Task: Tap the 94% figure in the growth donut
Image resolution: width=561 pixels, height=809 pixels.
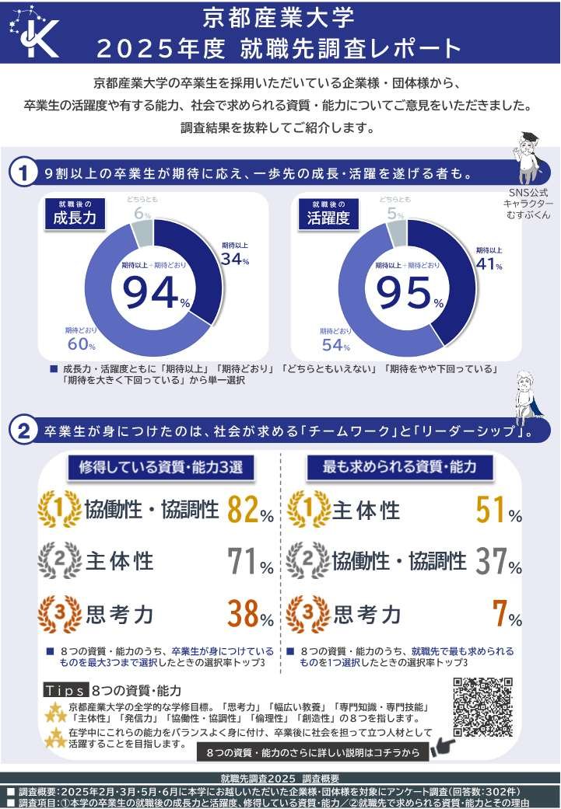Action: [x=156, y=291]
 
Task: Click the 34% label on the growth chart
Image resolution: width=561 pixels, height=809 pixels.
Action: [x=234, y=260]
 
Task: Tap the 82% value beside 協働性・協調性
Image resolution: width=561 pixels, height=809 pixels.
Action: [x=250, y=511]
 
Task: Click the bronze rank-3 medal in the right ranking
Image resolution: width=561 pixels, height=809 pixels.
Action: [x=308, y=614]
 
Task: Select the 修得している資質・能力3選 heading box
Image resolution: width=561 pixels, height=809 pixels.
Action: [x=161, y=467]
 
